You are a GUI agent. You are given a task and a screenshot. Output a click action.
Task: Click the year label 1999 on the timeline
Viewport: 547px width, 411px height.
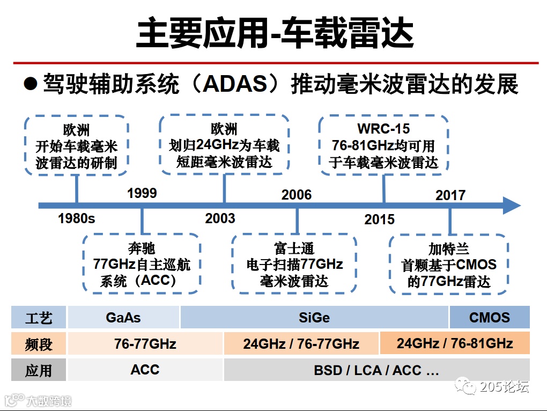(x=142, y=193)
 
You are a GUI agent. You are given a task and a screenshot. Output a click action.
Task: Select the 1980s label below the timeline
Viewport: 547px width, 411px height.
(x=76, y=218)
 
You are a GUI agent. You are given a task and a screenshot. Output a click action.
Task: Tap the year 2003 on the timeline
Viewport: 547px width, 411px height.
(x=220, y=218)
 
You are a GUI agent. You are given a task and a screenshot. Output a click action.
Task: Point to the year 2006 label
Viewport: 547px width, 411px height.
(x=297, y=194)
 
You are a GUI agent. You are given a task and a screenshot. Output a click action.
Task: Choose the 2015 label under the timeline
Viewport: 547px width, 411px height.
(x=379, y=219)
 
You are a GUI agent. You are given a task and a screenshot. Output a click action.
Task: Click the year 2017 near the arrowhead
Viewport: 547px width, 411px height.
(x=450, y=195)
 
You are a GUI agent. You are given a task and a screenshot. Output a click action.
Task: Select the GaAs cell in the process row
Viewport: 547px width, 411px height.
(x=123, y=317)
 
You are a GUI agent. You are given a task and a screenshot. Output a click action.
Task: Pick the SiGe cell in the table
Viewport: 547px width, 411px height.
(x=314, y=317)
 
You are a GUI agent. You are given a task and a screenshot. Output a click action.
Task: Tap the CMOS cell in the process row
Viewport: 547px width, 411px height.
(x=489, y=317)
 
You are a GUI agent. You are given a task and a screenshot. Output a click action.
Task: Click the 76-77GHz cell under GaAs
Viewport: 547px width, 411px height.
(x=145, y=343)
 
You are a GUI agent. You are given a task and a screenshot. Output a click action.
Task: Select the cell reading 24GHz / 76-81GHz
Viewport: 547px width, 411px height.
(x=455, y=343)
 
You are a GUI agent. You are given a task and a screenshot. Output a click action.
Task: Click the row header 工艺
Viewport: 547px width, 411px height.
(x=39, y=318)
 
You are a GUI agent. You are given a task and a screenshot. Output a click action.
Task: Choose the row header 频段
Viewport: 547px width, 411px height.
(x=39, y=343)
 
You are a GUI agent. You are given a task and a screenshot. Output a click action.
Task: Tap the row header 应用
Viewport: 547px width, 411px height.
(x=39, y=370)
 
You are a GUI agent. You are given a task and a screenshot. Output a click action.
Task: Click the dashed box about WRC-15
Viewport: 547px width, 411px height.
(x=383, y=145)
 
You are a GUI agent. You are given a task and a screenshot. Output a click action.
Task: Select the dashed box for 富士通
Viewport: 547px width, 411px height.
(x=294, y=265)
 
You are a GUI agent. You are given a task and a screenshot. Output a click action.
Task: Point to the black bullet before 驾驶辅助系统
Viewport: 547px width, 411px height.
(x=31, y=84)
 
